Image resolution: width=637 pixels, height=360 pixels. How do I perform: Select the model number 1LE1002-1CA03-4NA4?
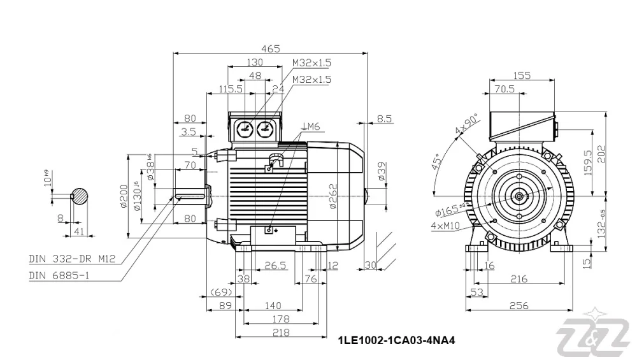(x=396, y=340)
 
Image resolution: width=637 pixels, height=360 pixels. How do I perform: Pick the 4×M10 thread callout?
(x=444, y=225)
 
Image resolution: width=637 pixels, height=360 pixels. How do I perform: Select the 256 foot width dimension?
(x=519, y=306)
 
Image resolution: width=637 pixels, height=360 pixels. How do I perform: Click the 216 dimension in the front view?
(x=519, y=279)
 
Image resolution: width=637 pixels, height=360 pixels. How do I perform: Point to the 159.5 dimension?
(x=588, y=162)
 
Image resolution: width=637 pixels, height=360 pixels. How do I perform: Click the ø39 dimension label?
(x=381, y=173)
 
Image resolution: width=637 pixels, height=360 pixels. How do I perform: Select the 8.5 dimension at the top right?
(x=384, y=119)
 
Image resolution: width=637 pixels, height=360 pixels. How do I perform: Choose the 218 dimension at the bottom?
(x=281, y=333)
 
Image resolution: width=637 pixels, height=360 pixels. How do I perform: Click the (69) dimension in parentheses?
(x=220, y=292)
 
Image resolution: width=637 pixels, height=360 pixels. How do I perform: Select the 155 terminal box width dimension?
(x=521, y=75)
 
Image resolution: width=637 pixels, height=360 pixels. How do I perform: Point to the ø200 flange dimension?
(x=124, y=197)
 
